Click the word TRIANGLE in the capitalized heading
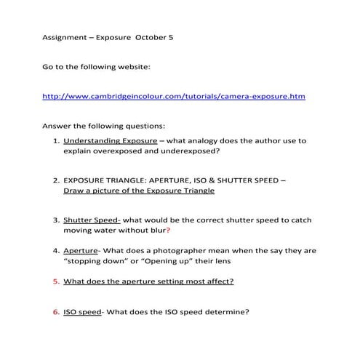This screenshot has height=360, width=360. [x=132, y=179]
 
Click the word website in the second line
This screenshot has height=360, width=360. [x=131, y=67]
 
